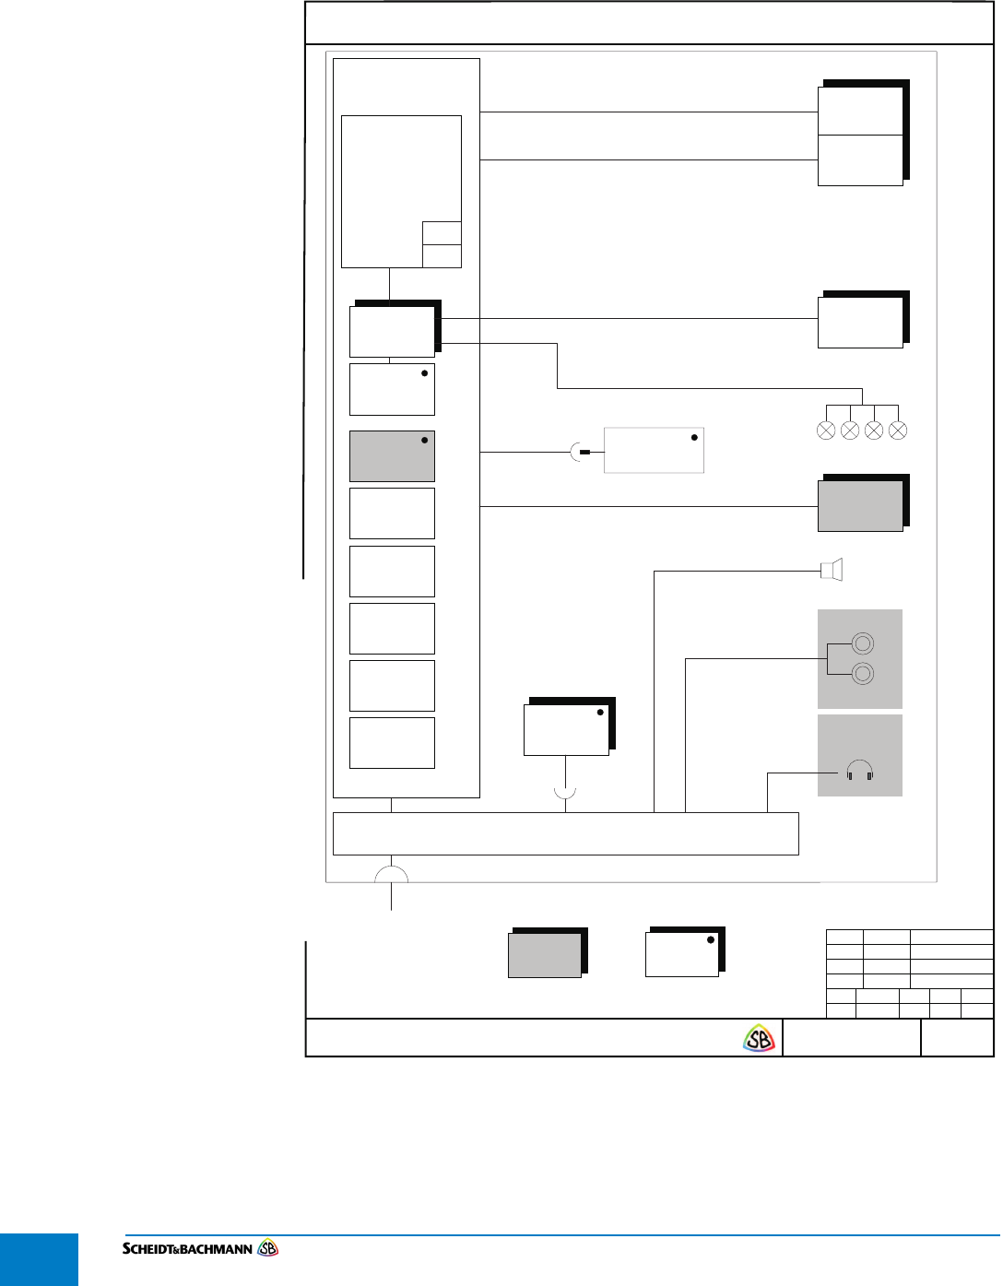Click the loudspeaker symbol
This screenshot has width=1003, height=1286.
click(832, 570)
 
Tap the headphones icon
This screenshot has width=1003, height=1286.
click(859, 770)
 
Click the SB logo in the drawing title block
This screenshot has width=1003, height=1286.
click(759, 1038)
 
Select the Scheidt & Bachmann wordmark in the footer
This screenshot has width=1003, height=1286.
click(200, 1249)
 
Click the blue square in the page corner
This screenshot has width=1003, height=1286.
click(39, 1259)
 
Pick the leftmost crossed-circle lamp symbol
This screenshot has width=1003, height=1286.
click(826, 431)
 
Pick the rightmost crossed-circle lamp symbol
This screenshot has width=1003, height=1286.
click(898, 431)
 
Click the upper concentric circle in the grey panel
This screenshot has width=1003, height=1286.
click(863, 643)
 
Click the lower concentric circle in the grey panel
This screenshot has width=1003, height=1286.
click(863, 674)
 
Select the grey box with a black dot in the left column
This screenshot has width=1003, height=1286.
click(392, 455)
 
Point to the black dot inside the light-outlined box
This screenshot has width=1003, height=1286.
click(694, 437)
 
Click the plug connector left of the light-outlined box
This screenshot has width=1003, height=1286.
click(580, 452)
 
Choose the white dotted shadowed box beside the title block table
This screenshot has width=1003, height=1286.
click(685, 951)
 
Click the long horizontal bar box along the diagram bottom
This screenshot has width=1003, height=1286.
click(566, 833)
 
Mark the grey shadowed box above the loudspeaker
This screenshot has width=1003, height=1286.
click(864, 502)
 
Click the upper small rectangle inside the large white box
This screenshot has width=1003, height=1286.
click(442, 233)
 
